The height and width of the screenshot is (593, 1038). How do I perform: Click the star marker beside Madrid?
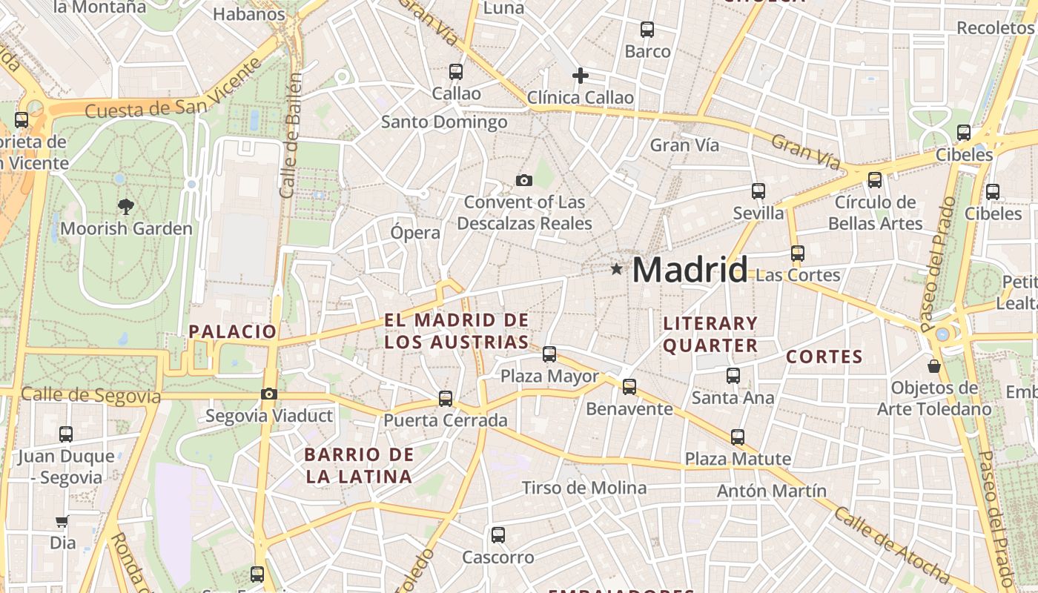pyautogui.click(x=616, y=269)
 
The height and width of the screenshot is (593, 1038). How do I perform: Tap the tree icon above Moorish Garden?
pyautogui.click(x=126, y=207)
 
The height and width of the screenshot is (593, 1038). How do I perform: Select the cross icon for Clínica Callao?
pyautogui.click(x=581, y=76)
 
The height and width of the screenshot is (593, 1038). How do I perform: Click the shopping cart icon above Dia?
pyautogui.click(x=62, y=522)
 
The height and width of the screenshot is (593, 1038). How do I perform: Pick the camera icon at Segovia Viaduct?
pyautogui.click(x=269, y=394)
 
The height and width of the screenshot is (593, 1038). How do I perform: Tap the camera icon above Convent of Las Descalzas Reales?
pyautogui.click(x=524, y=180)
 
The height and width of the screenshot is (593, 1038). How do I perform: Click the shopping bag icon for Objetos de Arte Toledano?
pyautogui.click(x=934, y=366)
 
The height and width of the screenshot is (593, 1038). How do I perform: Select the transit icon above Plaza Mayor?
pyautogui.click(x=549, y=354)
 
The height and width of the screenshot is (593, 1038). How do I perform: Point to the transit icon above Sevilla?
pyautogui.click(x=758, y=191)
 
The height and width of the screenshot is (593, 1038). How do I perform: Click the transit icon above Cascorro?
pyautogui.click(x=498, y=535)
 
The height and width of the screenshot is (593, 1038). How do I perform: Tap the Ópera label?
pyautogui.click(x=415, y=233)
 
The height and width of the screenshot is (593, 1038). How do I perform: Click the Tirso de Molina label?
pyautogui.click(x=584, y=488)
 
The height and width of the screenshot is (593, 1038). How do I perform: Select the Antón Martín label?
pyautogui.click(x=771, y=491)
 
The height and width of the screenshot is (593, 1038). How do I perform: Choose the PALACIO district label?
pyautogui.click(x=233, y=331)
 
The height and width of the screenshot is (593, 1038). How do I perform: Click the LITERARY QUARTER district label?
pyautogui.click(x=710, y=334)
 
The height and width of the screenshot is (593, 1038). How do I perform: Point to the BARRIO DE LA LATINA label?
pyautogui.click(x=359, y=466)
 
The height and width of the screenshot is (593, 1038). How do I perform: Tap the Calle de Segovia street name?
pyautogui.click(x=90, y=395)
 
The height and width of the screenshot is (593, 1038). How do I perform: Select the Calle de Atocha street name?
pyautogui.click(x=892, y=545)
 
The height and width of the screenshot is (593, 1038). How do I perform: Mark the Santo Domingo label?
pyautogui.click(x=444, y=122)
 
